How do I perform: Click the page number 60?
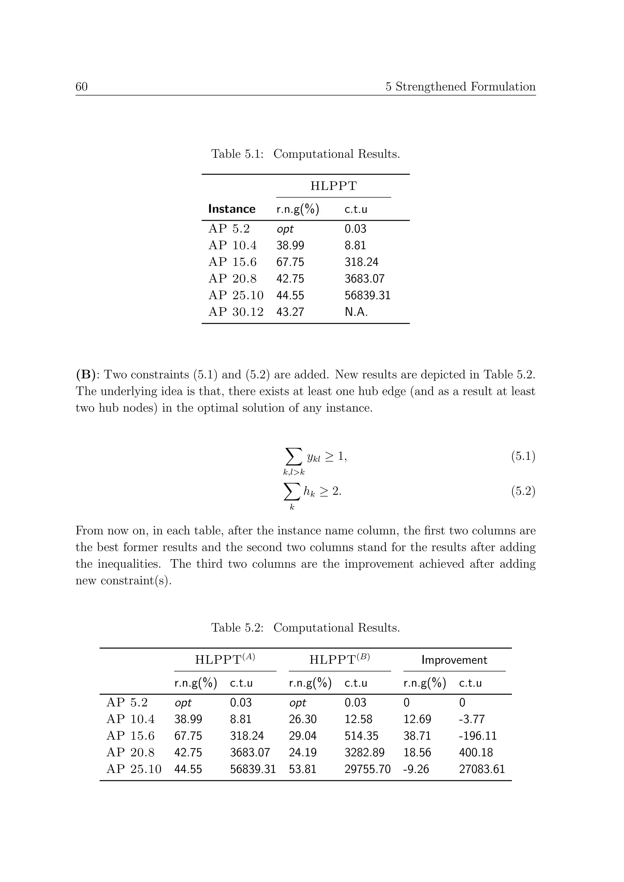81,87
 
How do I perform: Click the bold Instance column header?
232,209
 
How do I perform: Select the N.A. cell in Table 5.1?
356,312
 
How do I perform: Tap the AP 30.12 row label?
236,312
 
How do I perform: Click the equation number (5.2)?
523,491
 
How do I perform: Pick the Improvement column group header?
454,660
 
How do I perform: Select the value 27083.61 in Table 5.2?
482,769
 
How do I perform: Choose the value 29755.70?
367,769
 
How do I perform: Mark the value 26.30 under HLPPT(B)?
303,719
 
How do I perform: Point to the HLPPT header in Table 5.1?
334,186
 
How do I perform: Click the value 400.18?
476,753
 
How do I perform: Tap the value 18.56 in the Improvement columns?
417,753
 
